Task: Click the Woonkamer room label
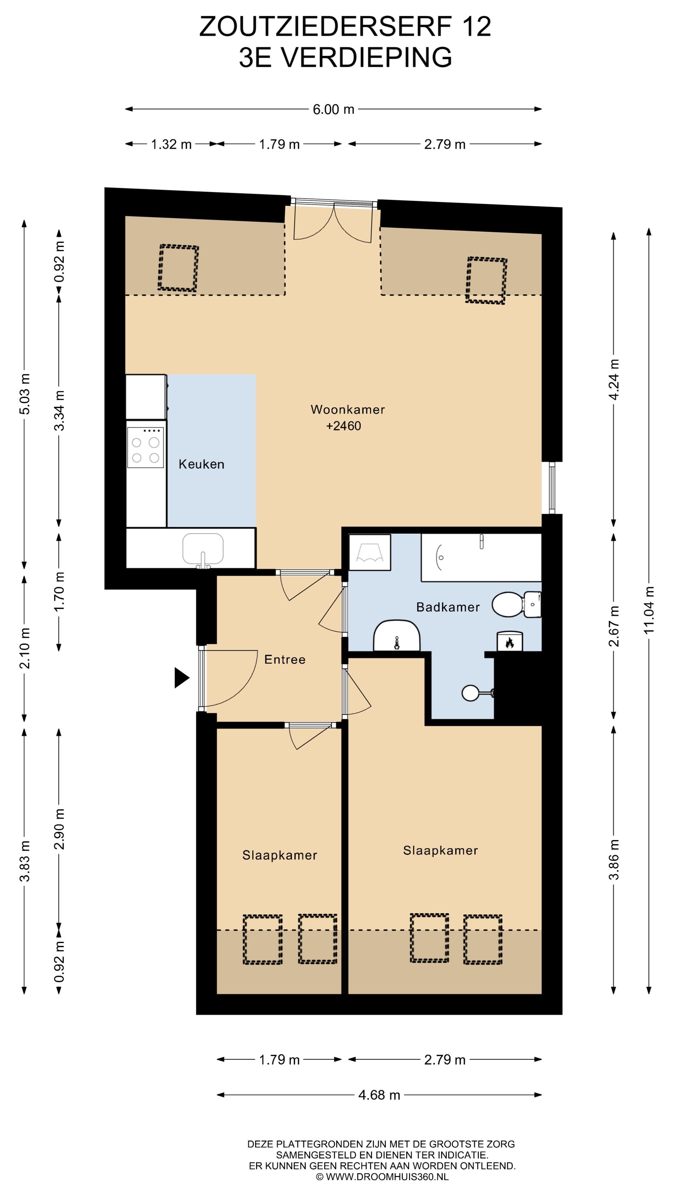pyautogui.click(x=347, y=410)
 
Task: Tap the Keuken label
pyautogui.click(x=202, y=464)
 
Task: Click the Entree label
pyautogui.click(x=285, y=659)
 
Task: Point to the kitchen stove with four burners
pyautogui.click(x=146, y=447)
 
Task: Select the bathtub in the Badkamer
pyautogui.click(x=481, y=557)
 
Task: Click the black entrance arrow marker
pyautogui.click(x=182, y=678)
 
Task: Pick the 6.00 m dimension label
pyautogui.click(x=333, y=109)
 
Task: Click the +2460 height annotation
pyautogui.click(x=344, y=426)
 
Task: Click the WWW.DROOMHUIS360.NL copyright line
pyautogui.click(x=382, y=1177)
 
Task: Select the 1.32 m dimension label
pyautogui.click(x=171, y=145)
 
